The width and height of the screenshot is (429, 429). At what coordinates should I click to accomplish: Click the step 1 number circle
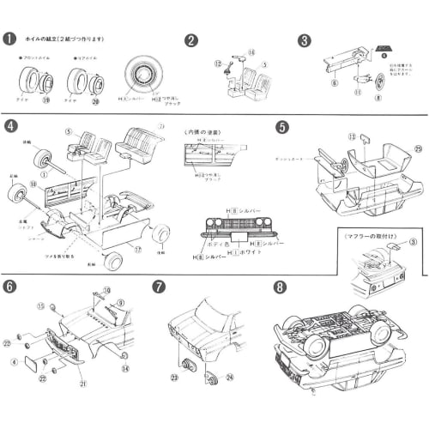point(10,39)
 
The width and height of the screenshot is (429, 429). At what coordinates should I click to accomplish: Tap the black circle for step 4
point(10,126)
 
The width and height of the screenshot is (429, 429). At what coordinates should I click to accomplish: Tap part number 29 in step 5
point(417,150)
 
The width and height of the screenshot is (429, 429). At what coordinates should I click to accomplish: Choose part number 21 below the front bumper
point(83,384)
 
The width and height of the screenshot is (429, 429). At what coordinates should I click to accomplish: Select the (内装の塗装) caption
point(204,131)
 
